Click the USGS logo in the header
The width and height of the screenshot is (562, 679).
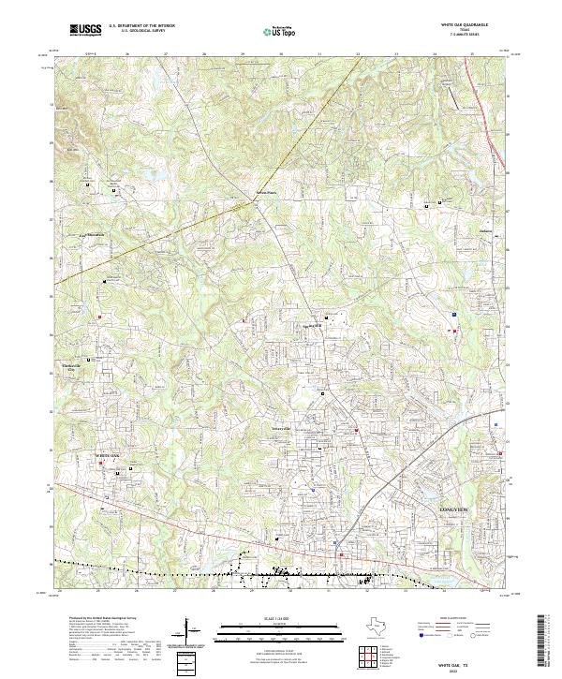[86, 30]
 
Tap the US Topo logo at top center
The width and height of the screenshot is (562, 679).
[280, 31]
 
